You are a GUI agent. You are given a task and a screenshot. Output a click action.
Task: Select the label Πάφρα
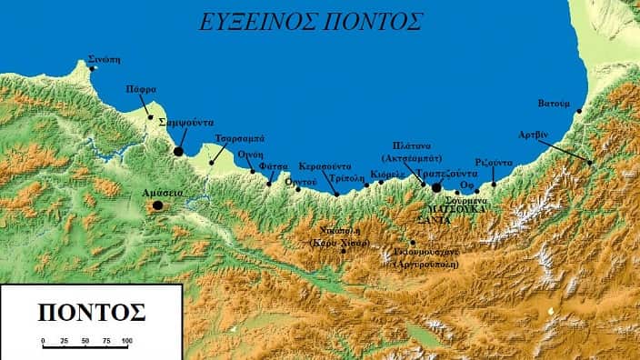140,89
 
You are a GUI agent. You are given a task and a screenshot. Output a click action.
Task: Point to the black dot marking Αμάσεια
157,205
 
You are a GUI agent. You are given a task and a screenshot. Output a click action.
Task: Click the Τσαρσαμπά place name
239,138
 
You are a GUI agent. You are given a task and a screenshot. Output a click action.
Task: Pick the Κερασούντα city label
324,167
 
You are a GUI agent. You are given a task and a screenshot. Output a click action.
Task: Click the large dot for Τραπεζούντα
436,187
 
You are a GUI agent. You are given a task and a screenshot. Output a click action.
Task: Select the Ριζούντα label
494,163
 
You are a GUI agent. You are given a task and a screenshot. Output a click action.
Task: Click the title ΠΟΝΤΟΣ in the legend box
91,312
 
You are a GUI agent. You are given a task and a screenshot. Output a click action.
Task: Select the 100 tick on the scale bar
126,341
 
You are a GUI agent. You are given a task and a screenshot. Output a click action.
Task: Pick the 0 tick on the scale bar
44,341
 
